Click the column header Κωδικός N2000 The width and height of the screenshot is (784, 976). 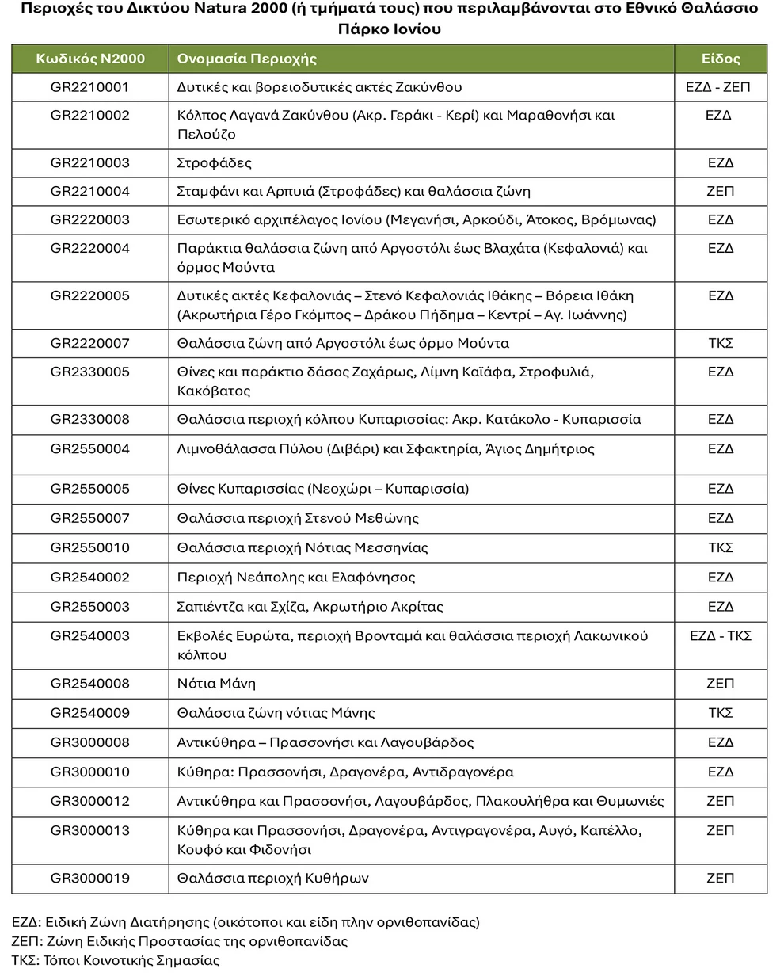coord(89,59)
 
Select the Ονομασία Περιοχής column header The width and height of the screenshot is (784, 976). coord(246,59)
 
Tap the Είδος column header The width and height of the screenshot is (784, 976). coord(720,59)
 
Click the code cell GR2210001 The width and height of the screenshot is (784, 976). coord(89,87)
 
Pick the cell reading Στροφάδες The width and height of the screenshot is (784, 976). coord(215,163)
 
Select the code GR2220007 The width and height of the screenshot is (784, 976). coord(89,344)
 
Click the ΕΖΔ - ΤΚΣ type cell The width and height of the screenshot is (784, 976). coord(720,636)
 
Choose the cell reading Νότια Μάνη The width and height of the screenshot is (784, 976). coord(216,684)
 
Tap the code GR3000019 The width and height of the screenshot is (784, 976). coord(89,879)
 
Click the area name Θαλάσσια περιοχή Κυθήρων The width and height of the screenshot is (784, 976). coord(272,879)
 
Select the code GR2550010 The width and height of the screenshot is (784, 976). coord(89,548)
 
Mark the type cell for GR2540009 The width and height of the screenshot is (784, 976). coord(720,713)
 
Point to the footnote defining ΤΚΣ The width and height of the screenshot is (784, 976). coord(116,961)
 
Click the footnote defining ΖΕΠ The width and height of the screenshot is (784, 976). coord(180,942)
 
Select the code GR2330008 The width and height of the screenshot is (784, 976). coord(89,420)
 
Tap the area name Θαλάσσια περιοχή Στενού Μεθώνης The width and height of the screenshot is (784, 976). coord(298,519)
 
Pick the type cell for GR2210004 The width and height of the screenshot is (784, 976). coord(720,192)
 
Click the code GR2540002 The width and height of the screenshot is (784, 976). coord(89,578)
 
